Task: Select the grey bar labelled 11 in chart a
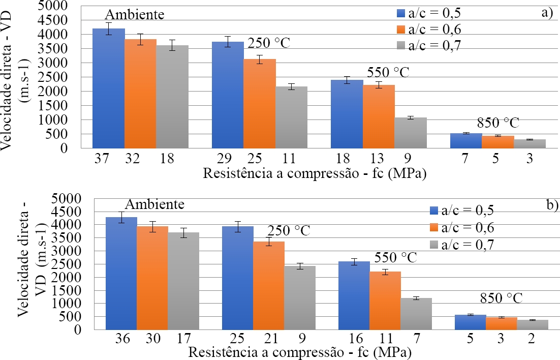click(291, 117)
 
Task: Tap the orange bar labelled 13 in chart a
click(379, 116)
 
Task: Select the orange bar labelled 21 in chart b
click(268, 285)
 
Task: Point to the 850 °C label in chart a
click(499, 123)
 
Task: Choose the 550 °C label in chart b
click(395, 257)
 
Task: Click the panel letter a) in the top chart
click(546, 13)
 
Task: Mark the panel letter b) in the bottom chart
click(551, 204)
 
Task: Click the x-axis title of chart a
click(314, 174)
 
